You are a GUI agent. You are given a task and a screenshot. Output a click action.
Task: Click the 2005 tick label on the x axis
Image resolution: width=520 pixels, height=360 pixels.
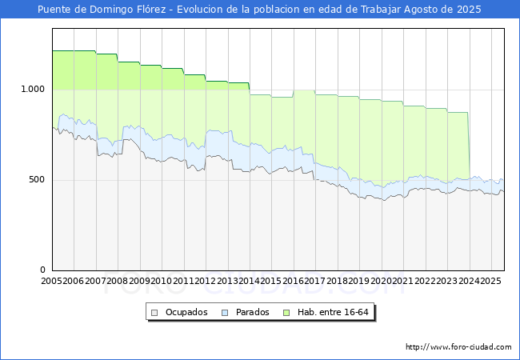pos(51,281)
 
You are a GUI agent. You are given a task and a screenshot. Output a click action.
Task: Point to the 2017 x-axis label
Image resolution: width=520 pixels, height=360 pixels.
pos(314,281)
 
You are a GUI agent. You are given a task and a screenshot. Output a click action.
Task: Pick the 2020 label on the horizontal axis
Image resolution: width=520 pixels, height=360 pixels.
pos(381,281)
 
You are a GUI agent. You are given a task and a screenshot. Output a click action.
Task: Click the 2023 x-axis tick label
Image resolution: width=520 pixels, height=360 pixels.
pos(446,281)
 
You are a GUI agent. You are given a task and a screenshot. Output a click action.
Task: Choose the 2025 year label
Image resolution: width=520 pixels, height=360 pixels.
pos(490,281)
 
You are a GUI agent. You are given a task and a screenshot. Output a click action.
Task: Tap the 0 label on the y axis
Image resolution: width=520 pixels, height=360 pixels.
pos(43,270)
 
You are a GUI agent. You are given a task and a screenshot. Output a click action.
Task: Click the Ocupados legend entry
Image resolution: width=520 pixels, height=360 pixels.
pos(186,312)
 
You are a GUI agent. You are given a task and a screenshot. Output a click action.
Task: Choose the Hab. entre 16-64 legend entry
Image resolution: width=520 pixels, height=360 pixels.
pos(334,312)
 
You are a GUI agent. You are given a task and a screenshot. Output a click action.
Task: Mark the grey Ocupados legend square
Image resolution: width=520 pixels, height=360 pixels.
pos(155,312)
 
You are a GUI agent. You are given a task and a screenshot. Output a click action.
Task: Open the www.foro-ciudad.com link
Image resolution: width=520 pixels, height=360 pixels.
pos(458,347)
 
